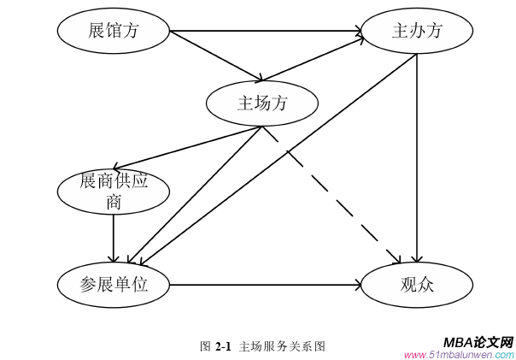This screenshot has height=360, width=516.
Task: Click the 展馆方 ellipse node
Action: click(x=113, y=32)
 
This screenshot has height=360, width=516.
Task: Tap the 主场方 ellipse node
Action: click(x=261, y=103)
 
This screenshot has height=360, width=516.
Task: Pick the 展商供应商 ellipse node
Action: click(x=114, y=191)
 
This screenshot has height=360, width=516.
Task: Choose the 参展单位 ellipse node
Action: click(x=114, y=285)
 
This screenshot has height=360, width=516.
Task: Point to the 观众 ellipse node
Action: click(x=416, y=285)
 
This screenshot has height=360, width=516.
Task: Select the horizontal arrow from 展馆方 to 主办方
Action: click(x=265, y=32)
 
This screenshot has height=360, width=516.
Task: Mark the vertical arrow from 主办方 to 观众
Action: click(x=416, y=154)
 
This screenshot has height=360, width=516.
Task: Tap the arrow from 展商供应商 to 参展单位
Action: click(x=114, y=238)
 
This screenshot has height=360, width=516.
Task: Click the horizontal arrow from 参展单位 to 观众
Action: click(x=265, y=285)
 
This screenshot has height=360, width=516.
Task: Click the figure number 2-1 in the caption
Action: click(x=224, y=346)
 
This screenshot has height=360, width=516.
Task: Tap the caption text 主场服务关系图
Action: click(x=283, y=346)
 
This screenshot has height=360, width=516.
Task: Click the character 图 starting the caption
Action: click(x=205, y=346)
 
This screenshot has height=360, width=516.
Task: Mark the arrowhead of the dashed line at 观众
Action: click(x=397, y=259)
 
